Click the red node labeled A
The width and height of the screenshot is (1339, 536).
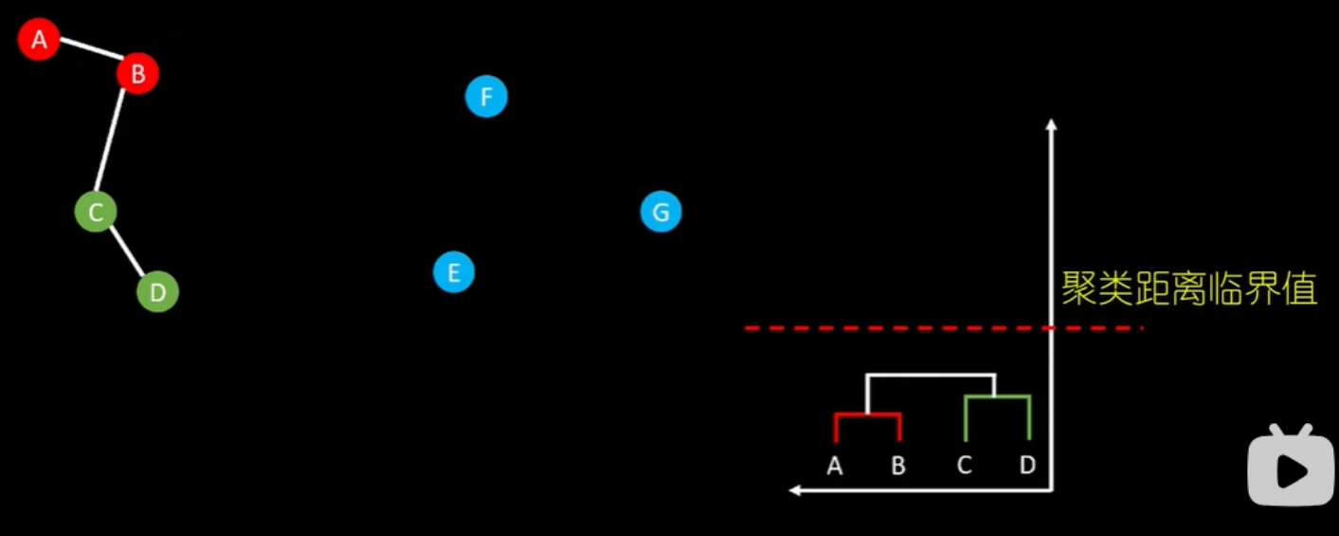pos(39,40)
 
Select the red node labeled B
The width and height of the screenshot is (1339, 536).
pos(137,73)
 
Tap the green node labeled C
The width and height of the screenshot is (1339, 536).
pos(96,213)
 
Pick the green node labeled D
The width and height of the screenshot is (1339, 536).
pos(157,292)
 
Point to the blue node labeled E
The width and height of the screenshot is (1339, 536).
pos(454,273)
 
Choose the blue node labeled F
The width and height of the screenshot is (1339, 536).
pos(486,97)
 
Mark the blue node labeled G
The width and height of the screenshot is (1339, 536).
pos(660,212)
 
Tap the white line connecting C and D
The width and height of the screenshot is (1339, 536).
pos(126,250)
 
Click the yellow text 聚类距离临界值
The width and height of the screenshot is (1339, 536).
pos(1189,289)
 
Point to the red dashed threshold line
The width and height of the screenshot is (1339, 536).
pos(900,328)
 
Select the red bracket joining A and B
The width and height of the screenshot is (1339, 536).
pos(867,415)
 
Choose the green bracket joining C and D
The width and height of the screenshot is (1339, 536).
pos(997,397)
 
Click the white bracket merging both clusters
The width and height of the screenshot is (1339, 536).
pos(931,376)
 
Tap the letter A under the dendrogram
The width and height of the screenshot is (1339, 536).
pos(835,466)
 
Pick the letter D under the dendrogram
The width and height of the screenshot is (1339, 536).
pos(1028,466)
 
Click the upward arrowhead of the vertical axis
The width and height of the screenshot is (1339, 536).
pos(1051,124)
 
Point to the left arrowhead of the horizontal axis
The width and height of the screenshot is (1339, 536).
pos(796,490)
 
